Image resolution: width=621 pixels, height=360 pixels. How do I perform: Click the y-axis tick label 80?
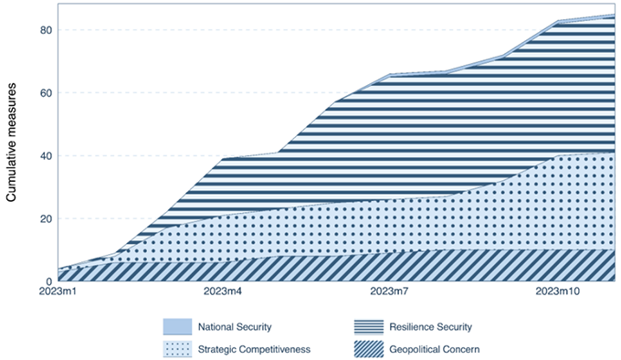[x=46, y=30]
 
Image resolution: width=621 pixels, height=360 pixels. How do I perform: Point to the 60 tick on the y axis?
[x=46, y=93]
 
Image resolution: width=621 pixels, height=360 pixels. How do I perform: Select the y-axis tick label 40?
[x=46, y=156]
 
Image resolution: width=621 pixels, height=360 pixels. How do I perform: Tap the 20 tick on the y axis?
[x=46, y=218]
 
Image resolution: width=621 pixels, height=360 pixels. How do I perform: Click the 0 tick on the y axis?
[x=48, y=281]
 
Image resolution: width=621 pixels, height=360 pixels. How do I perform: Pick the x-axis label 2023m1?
[x=58, y=291]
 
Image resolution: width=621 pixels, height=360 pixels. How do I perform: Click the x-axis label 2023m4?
[x=223, y=291]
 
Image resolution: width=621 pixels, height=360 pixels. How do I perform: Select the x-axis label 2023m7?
[x=389, y=291]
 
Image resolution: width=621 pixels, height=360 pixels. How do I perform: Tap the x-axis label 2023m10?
[x=558, y=291]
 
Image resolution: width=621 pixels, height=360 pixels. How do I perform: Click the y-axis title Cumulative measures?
[x=11, y=143]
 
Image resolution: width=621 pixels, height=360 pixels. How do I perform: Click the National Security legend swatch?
[x=177, y=327]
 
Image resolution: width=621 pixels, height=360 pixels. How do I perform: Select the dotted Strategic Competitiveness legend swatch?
[x=177, y=349]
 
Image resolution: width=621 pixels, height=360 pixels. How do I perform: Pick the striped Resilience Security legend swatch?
[x=369, y=327]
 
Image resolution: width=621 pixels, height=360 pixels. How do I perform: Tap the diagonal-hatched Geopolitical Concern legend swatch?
[x=369, y=349]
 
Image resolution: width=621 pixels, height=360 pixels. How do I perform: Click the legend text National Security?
[x=235, y=327]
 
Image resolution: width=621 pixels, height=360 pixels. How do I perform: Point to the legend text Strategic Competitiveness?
[x=254, y=350]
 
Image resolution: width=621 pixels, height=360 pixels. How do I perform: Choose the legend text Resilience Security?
[x=431, y=327]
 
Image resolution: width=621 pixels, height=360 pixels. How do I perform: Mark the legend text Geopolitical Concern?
[x=435, y=350]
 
